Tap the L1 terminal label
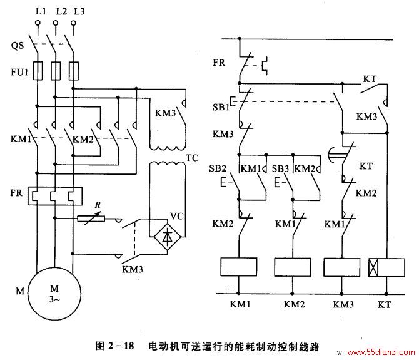pos(41,11)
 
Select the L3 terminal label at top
pos(79,11)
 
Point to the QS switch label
pos(18,46)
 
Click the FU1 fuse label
pos(19,72)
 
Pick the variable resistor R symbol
pos(91,219)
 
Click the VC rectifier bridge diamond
pos(167,237)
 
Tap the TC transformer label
pos(192,158)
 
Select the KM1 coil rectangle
pos(239,267)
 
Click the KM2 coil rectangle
pos(293,267)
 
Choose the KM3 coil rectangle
pos(342,267)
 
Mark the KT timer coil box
pos(386,267)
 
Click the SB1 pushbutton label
pos(221,107)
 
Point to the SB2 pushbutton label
pos(218,168)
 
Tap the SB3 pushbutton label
pos(280,169)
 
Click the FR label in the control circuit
pos(219,63)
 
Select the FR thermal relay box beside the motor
pos(55,196)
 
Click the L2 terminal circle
pos(55,23)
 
